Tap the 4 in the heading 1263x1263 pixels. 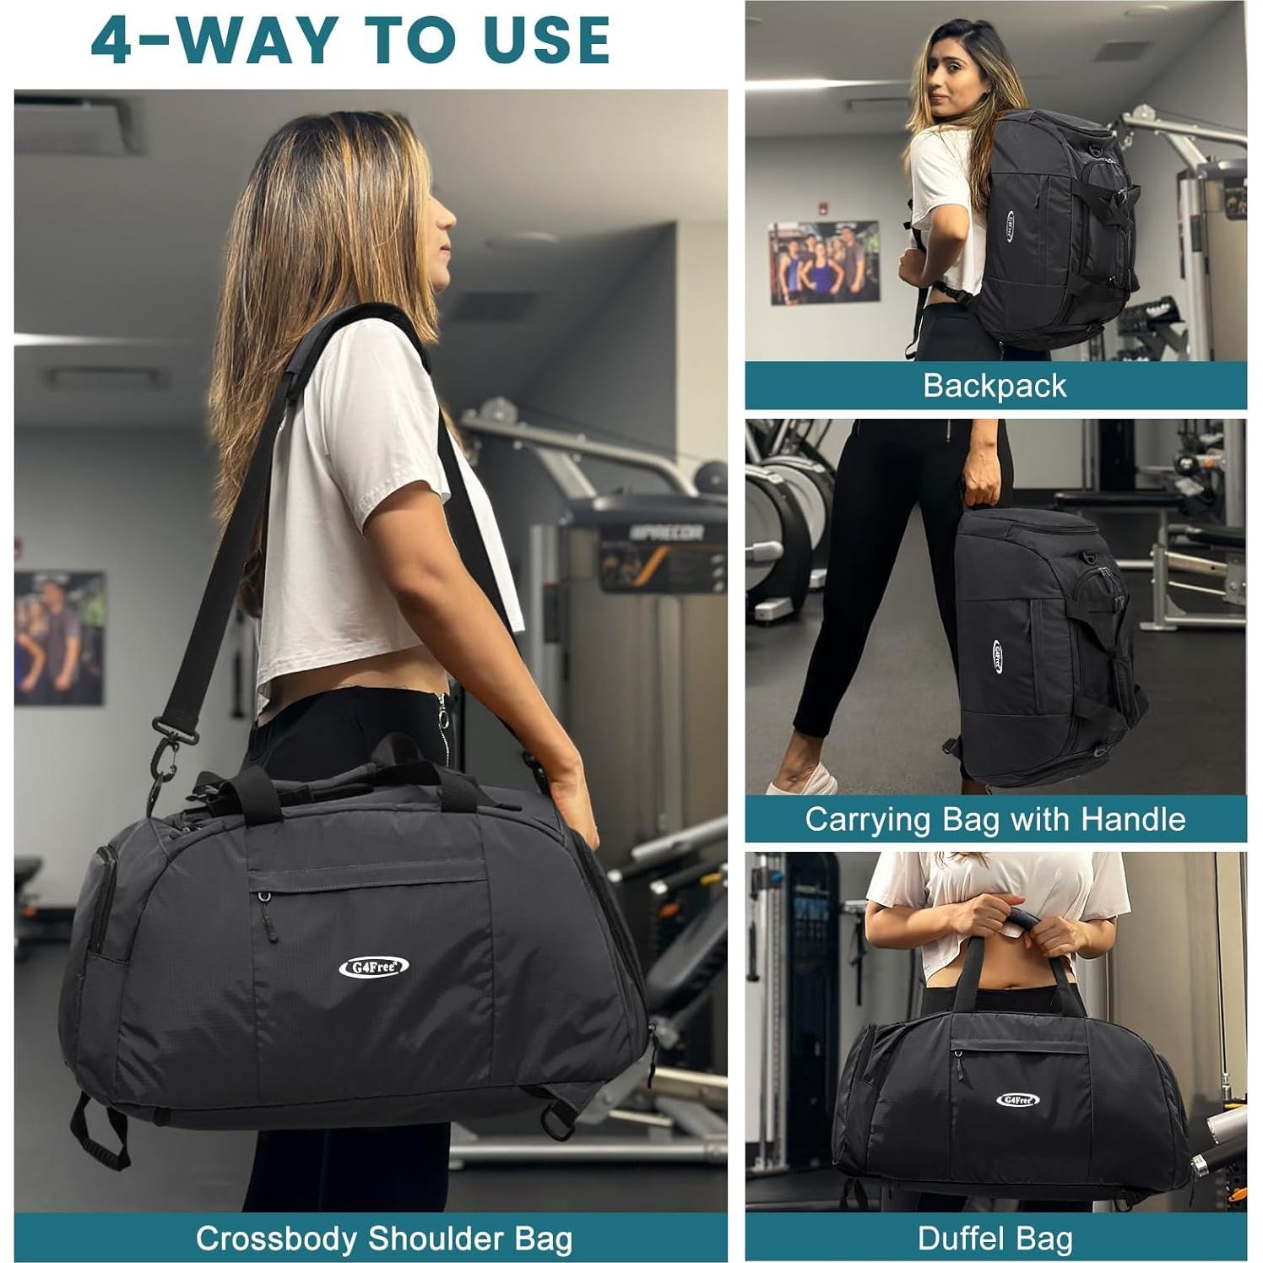tap(112, 41)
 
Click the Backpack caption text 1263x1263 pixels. tap(995, 386)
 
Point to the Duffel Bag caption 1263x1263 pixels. tap(995, 1239)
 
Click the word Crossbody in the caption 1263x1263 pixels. tap(277, 1239)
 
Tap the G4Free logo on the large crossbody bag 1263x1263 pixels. tap(374, 967)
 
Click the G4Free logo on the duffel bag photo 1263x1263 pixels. tap(1017, 1099)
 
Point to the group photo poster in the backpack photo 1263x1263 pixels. tap(823, 263)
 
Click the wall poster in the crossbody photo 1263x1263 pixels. tap(59, 637)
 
